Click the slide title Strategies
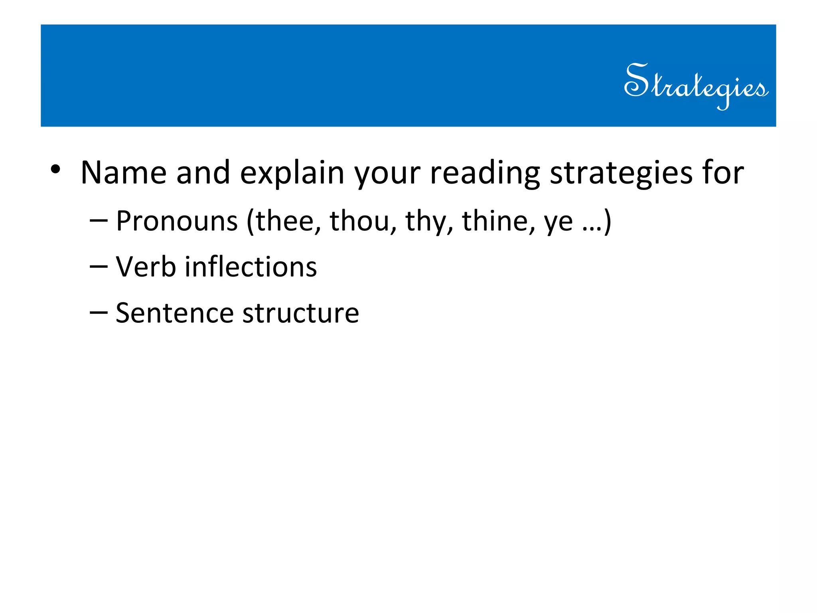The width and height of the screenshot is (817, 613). coord(696,85)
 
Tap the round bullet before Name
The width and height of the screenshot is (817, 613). coord(55,169)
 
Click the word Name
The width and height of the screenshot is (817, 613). coord(123,172)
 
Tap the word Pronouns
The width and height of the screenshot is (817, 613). coord(177,221)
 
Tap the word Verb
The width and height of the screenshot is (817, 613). coord(146,267)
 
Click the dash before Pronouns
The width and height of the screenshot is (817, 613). coord(99,221)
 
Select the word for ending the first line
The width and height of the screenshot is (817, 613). coord(723,172)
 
